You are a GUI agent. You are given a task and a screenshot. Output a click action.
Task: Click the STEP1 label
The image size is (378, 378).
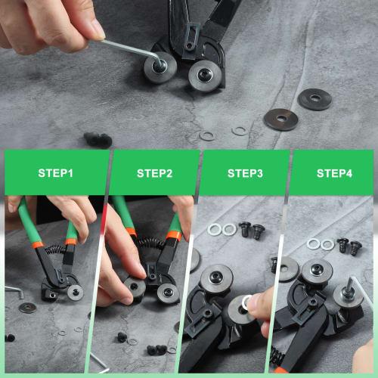(55, 173)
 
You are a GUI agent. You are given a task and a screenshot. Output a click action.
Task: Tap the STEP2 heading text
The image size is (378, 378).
(155, 173)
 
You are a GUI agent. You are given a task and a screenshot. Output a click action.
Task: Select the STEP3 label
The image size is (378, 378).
(245, 173)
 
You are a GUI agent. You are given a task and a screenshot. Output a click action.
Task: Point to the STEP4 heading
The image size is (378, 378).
(334, 173)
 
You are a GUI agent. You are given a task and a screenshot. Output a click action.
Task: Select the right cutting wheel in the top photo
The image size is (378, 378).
(202, 76)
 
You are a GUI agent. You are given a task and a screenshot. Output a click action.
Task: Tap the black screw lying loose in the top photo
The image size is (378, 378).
(98, 140)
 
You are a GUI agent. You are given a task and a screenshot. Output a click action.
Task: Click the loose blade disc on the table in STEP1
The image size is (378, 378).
(29, 308)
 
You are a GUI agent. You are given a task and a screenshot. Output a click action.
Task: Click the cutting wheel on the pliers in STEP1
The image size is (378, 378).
(74, 291)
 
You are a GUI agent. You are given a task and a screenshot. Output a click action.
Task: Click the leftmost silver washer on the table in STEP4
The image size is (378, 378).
(314, 243)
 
